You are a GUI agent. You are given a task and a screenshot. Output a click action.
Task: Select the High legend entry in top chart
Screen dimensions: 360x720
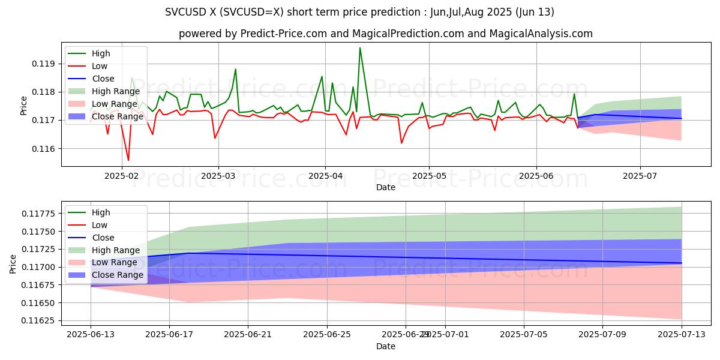[x=100, y=53]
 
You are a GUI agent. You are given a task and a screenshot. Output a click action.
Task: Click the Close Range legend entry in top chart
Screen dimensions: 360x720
[x=117, y=116]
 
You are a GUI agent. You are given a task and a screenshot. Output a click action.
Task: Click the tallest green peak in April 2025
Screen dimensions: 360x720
[x=360, y=48]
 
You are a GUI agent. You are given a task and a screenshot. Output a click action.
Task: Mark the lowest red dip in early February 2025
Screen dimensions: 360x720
[x=128, y=160]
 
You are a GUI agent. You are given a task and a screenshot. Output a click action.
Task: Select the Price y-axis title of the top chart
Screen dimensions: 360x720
[x=24, y=106]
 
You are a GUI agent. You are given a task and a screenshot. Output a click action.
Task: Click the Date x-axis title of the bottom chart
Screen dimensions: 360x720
[x=385, y=346]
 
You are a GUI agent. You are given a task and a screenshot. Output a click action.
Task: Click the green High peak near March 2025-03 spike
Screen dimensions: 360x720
[x=235, y=69]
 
